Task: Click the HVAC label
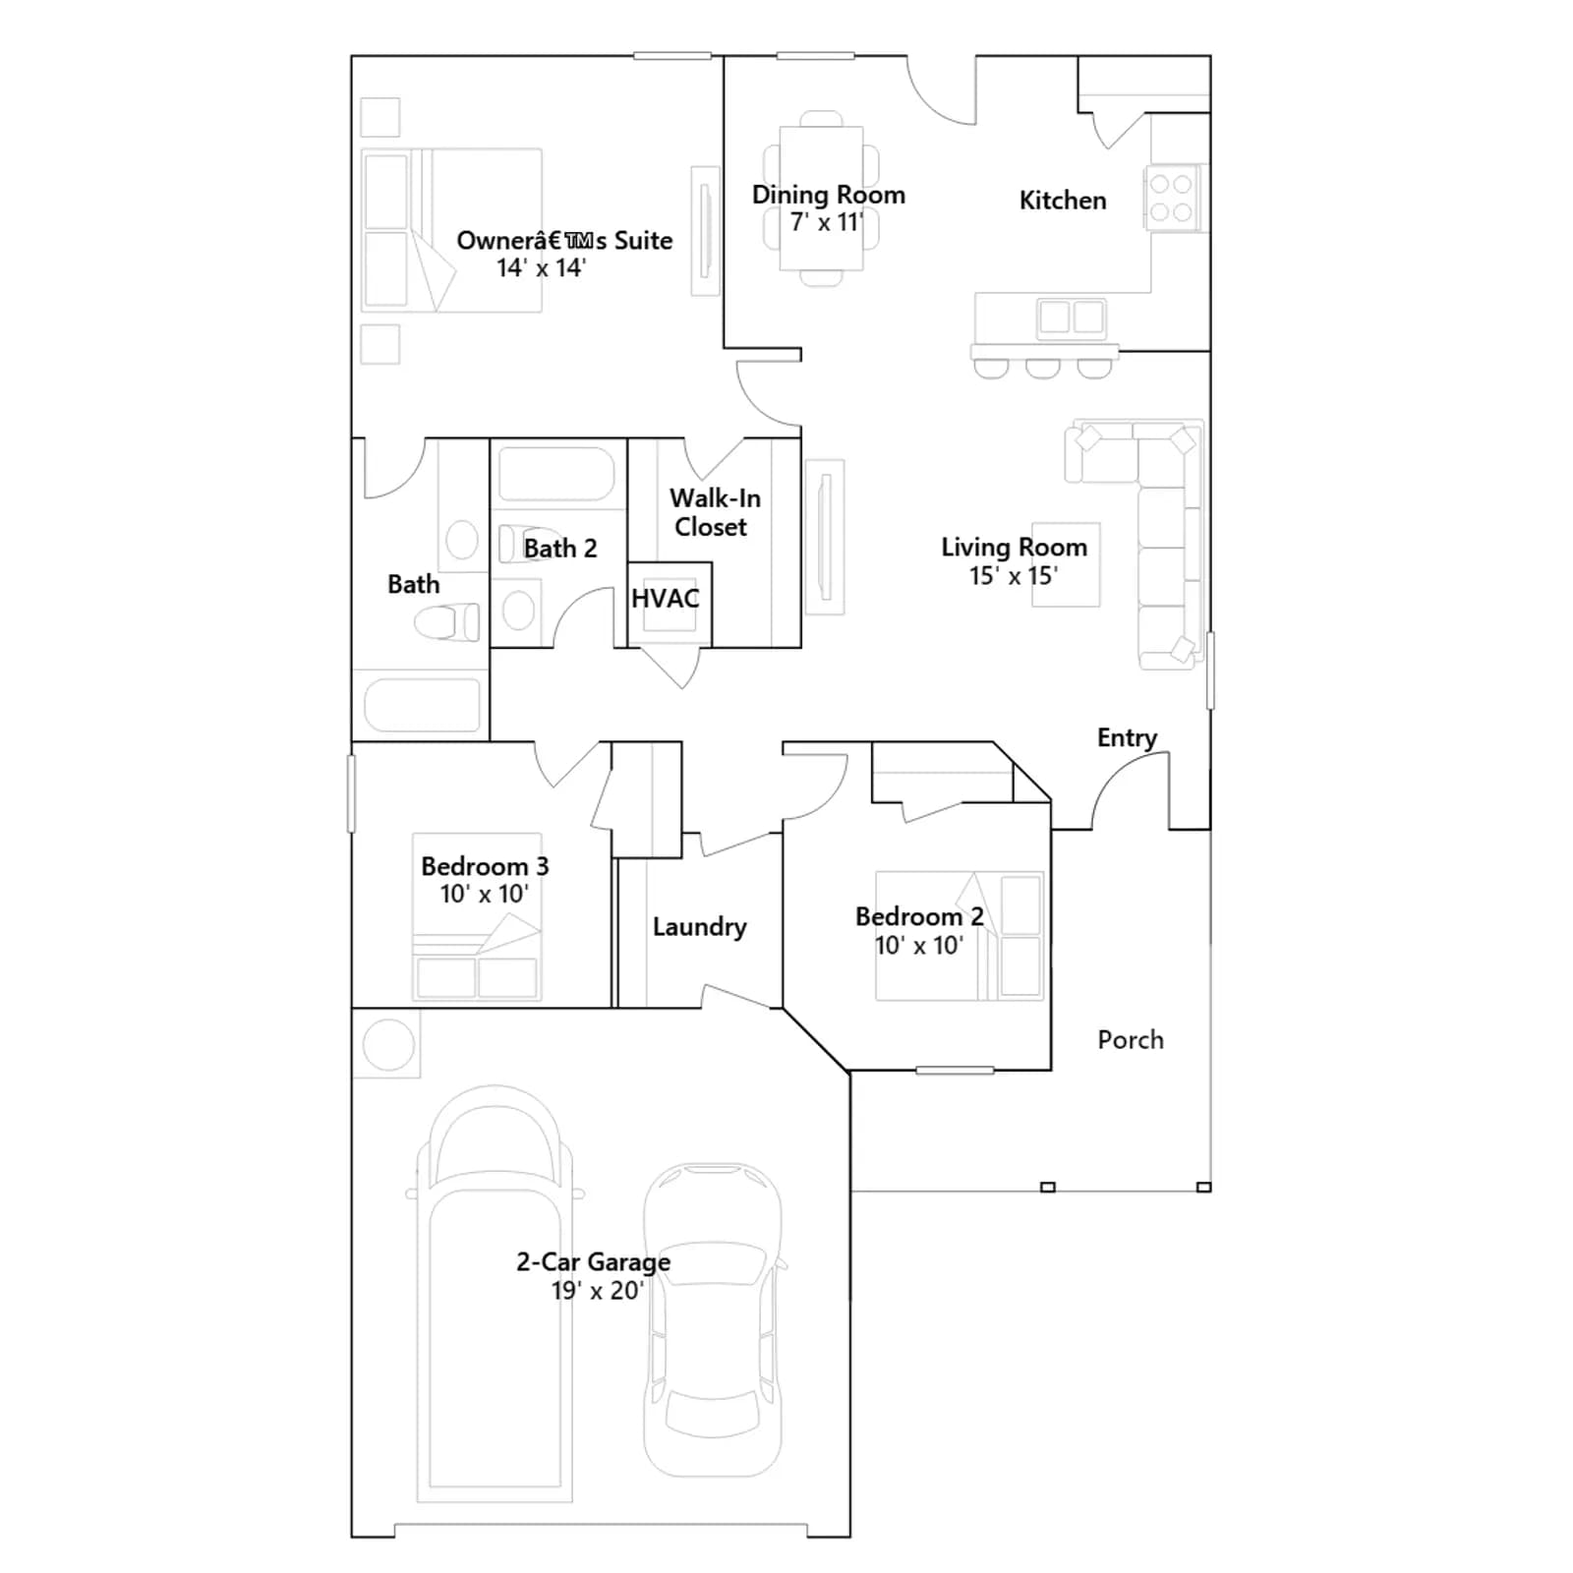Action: (x=666, y=598)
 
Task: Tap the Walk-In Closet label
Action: (x=715, y=512)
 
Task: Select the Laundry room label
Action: (x=699, y=927)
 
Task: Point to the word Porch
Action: (x=1131, y=1039)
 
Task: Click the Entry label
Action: (x=1127, y=738)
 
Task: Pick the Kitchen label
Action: (x=1063, y=201)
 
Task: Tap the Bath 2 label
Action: (x=560, y=548)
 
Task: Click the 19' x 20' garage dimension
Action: (x=597, y=1291)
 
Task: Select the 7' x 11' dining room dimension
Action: (x=826, y=222)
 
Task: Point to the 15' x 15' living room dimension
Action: (x=1013, y=576)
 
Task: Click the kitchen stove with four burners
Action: (x=1171, y=198)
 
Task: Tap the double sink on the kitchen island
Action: (x=1072, y=318)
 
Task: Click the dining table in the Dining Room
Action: (x=822, y=198)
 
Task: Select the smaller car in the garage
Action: (x=713, y=1319)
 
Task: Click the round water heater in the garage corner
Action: (x=388, y=1044)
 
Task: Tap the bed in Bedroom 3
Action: (x=477, y=916)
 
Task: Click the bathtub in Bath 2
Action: (x=556, y=474)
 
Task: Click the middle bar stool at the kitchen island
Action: (x=1042, y=369)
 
